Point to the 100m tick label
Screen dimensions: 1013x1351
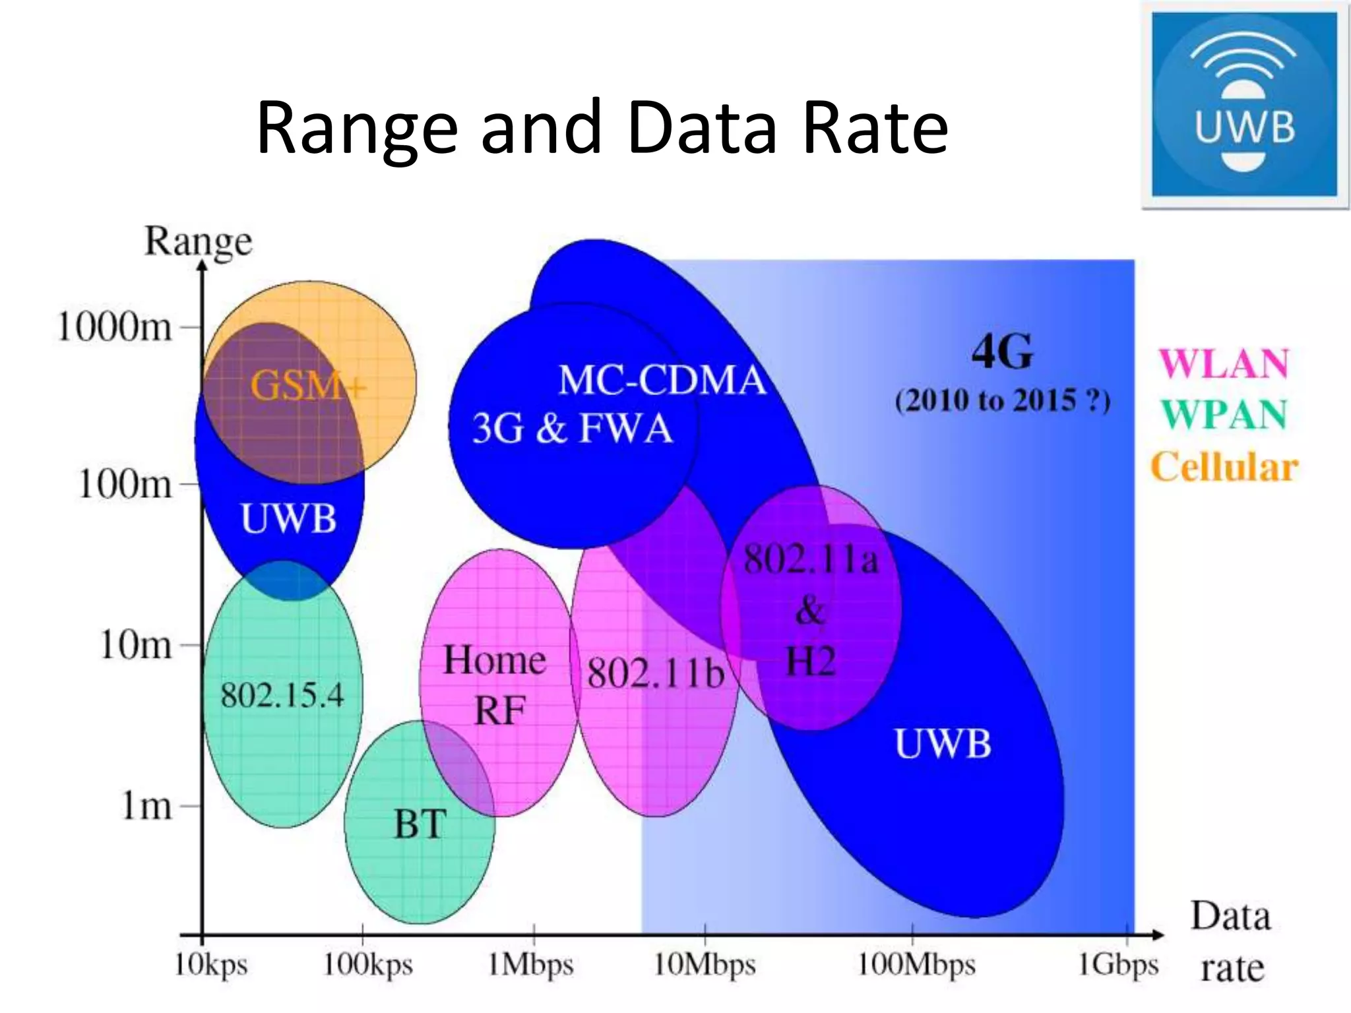click(x=125, y=484)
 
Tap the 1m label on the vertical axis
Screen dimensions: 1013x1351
click(x=146, y=805)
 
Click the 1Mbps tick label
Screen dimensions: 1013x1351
click(x=530, y=965)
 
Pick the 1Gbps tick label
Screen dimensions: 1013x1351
click(x=1118, y=965)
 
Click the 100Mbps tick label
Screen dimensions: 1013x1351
click(x=916, y=965)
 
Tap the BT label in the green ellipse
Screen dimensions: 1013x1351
click(x=420, y=824)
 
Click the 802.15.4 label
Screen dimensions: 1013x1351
click(x=282, y=695)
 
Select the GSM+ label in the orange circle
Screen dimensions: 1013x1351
click(x=307, y=385)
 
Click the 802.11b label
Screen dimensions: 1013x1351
click(x=656, y=673)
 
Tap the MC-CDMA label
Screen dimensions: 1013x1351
click(x=662, y=381)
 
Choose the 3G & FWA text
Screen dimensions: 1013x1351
click(x=572, y=429)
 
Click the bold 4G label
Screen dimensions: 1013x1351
click(x=1002, y=352)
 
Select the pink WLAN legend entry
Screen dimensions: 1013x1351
click(x=1224, y=363)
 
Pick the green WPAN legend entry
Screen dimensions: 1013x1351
click(x=1224, y=415)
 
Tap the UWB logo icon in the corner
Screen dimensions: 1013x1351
click(x=1244, y=104)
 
